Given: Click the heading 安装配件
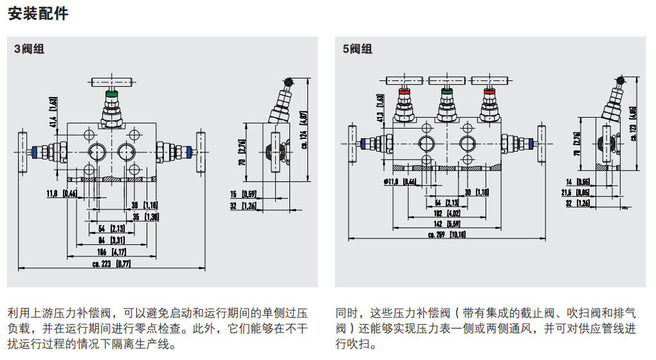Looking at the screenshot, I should (38, 14).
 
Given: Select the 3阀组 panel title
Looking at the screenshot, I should (30, 49).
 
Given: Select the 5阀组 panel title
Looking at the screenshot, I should (357, 49).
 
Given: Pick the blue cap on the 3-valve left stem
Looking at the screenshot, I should (35, 152).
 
